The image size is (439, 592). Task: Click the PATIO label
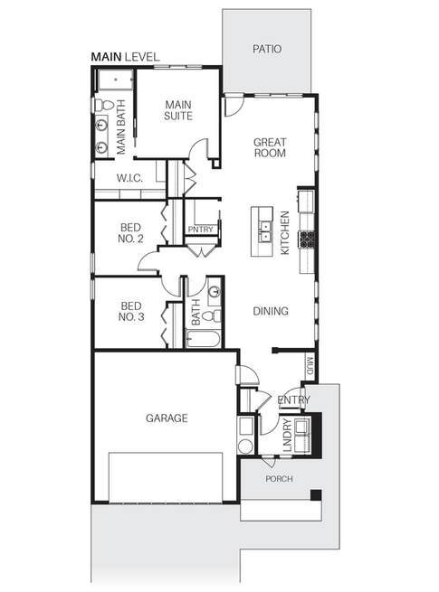pyautogui.click(x=267, y=48)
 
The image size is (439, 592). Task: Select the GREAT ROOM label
pyautogui.click(x=270, y=147)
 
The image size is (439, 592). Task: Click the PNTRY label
pyautogui.click(x=201, y=230)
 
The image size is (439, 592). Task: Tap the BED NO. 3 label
pyautogui.click(x=132, y=311)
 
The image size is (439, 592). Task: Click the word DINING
pyautogui.click(x=271, y=311)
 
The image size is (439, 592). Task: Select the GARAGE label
pyautogui.click(x=167, y=418)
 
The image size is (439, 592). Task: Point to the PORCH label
pyautogui.click(x=279, y=479)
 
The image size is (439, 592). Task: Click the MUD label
pyautogui.click(x=309, y=365)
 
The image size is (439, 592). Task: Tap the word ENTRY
pyautogui.click(x=294, y=400)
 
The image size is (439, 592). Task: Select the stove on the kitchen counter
pyautogui.click(x=308, y=239)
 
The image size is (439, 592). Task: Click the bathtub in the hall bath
pyautogui.click(x=205, y=339)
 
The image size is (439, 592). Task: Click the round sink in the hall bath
pyautogui.click(x=214, y=292)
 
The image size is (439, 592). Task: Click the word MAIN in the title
pyautogui.click(x=106, y=56)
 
